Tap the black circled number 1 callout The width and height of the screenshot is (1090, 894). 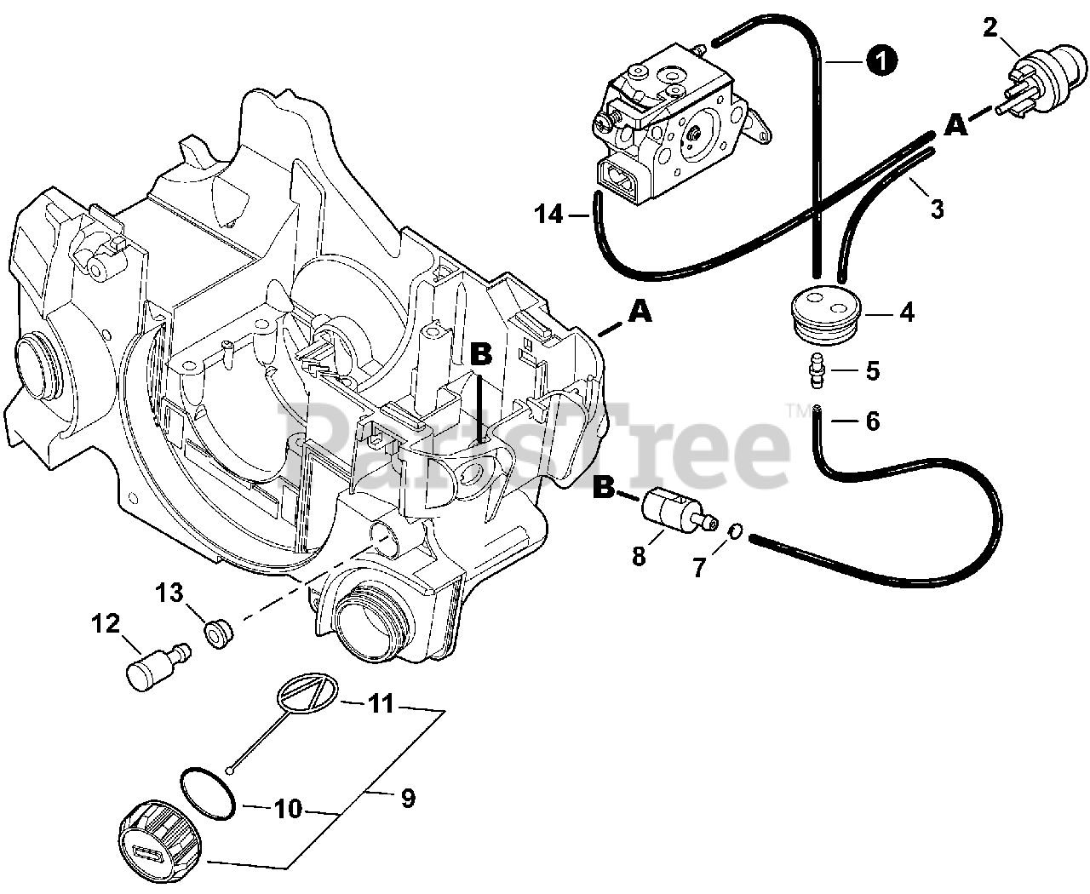tap(881, 60)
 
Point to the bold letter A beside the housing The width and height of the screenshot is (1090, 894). tap(639, 313)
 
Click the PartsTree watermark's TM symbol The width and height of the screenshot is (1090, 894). tap(800, 410)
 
